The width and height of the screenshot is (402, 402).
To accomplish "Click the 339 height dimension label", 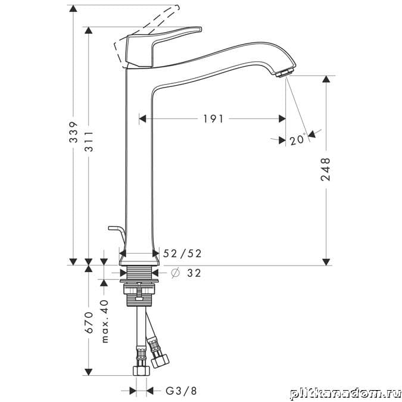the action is pyautogui.click(x=74, y=132).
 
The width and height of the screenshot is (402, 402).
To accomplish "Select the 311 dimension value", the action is pyautogui.click(x=89, y=141).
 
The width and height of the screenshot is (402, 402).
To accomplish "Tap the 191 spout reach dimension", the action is pyautogui.click(x=213, y=119).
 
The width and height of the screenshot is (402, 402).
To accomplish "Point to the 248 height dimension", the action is pyautogui.click(x=326, y=170).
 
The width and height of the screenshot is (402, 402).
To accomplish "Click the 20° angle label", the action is pyautogui.click(x=298, y=140).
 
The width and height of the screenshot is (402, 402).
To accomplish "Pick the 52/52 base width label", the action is pyautogui.click(x=182, y=254).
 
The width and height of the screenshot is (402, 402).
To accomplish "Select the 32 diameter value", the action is pyautogui.click(x=194, y=273).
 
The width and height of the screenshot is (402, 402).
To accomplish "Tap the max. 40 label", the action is pyautogui.click(x=105, y=321).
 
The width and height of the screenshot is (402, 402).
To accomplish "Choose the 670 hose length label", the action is pyautogui.click(x=89, y=322).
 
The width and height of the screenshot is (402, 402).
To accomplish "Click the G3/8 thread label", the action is pyautogui.click(x=181, y=391).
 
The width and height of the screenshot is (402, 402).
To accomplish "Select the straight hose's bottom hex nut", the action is pyautogui.click(x=141, y=370).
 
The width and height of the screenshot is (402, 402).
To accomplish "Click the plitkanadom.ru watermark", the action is pyautogui.click(x=345, y=393).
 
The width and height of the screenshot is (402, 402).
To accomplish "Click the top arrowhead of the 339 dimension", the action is pyautogui.click(x=73, y=8).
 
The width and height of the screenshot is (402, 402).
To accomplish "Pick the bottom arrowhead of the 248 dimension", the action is pyautogui.click(x=326, y=262).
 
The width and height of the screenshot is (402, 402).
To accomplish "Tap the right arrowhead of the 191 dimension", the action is pyautogui.click(x=282, y=119).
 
